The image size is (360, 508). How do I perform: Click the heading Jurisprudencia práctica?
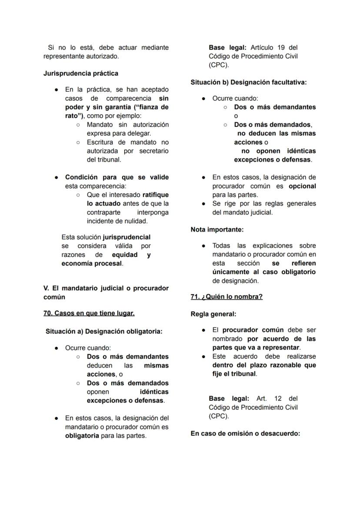pyautogui.click(x=81, y=73)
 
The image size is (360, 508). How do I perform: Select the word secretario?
pyautogui.click(x=153, y=151)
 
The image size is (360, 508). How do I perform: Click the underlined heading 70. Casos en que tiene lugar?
pyautogui.click(x=89, y=313)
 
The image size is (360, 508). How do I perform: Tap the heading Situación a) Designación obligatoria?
pyautogui.click(x=104, y=331)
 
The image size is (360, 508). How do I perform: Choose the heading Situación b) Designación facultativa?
pyautogui.click(x=249, y=82)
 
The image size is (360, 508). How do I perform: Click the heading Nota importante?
pyautogui.click(x=217, y=229)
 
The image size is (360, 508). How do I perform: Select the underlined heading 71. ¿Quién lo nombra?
pyautogui.click(x=227, y=297)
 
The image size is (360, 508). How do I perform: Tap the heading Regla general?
pyautogui.click(x=213, y=314)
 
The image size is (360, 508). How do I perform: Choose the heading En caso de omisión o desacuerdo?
pyautogui.click(x=245, y=433)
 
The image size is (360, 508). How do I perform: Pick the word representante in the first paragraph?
pyautogui.click(x=65, y=56)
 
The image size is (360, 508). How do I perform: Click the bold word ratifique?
pyautogui.click(x=155, y=195)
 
